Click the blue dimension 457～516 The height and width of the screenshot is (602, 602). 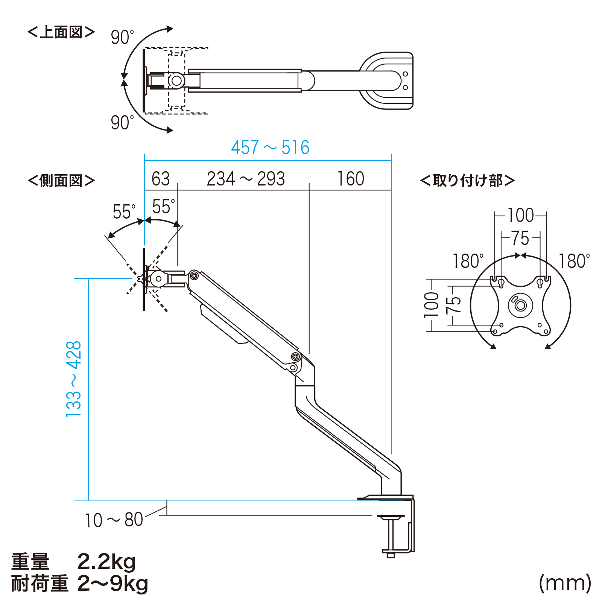[x=270, y=147]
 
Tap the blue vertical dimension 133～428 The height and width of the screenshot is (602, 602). [x=74, y=379]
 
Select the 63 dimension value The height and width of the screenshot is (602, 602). [x=161, y=179]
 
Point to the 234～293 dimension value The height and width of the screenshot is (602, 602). [x=246, y=179]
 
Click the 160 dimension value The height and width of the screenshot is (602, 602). [x=351, y=179]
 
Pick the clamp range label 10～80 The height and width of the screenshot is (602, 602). [x=114, y=520]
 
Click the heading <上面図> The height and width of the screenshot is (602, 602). [x=61, y=32]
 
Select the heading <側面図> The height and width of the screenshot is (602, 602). [x=61, y=181]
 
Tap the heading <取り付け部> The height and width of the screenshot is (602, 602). [x=467, y=181]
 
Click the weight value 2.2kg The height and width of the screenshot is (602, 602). [x=106, y=562]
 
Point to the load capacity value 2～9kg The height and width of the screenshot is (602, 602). [x=113, y=584]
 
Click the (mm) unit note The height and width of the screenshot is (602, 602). [x=565, y=583]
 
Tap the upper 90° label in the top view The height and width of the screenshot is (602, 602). [x=122, y=37]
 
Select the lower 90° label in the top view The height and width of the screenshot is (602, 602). [x=122, y=123]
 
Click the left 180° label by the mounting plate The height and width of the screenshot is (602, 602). [x=468, y=261]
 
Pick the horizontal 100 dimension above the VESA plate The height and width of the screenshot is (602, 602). [x=521, y=215]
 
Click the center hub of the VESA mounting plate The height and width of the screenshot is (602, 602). [x=521, y=305]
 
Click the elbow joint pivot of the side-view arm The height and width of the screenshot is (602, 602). [x=296, y=357]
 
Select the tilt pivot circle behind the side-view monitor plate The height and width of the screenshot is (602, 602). [x=158, y=279]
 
